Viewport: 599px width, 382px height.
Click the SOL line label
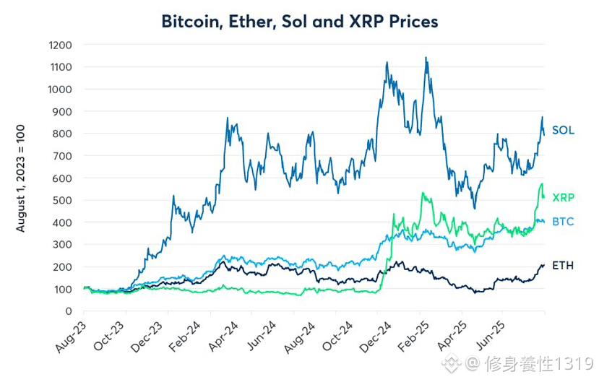[x=563, y=131]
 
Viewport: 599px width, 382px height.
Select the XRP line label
[x=563, y=197]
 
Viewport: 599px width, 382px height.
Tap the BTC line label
[x=563, y=221]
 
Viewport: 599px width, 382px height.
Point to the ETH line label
[x=563, y=266]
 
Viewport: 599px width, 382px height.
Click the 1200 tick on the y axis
[x=60, y=45]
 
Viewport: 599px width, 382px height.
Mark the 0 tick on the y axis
[x=69, y=311]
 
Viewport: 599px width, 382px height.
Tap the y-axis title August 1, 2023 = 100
[x=21, y=178]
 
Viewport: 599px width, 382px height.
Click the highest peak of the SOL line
[x=426, y=58]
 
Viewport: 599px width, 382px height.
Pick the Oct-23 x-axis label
[x=111, y=337]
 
